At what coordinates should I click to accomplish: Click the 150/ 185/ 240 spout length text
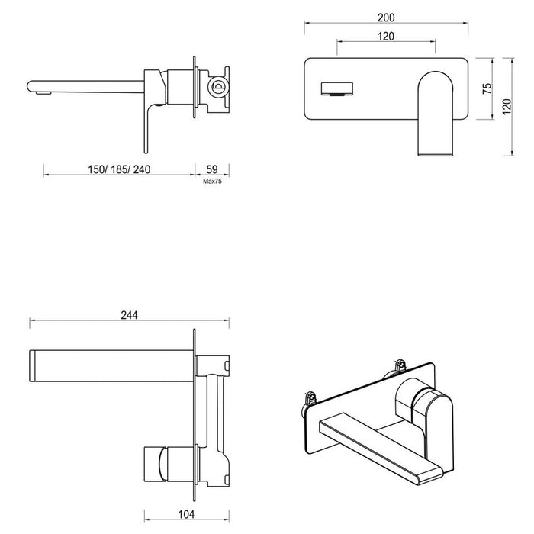tap(117, 169)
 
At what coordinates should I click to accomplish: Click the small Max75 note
tap(212, 182)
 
